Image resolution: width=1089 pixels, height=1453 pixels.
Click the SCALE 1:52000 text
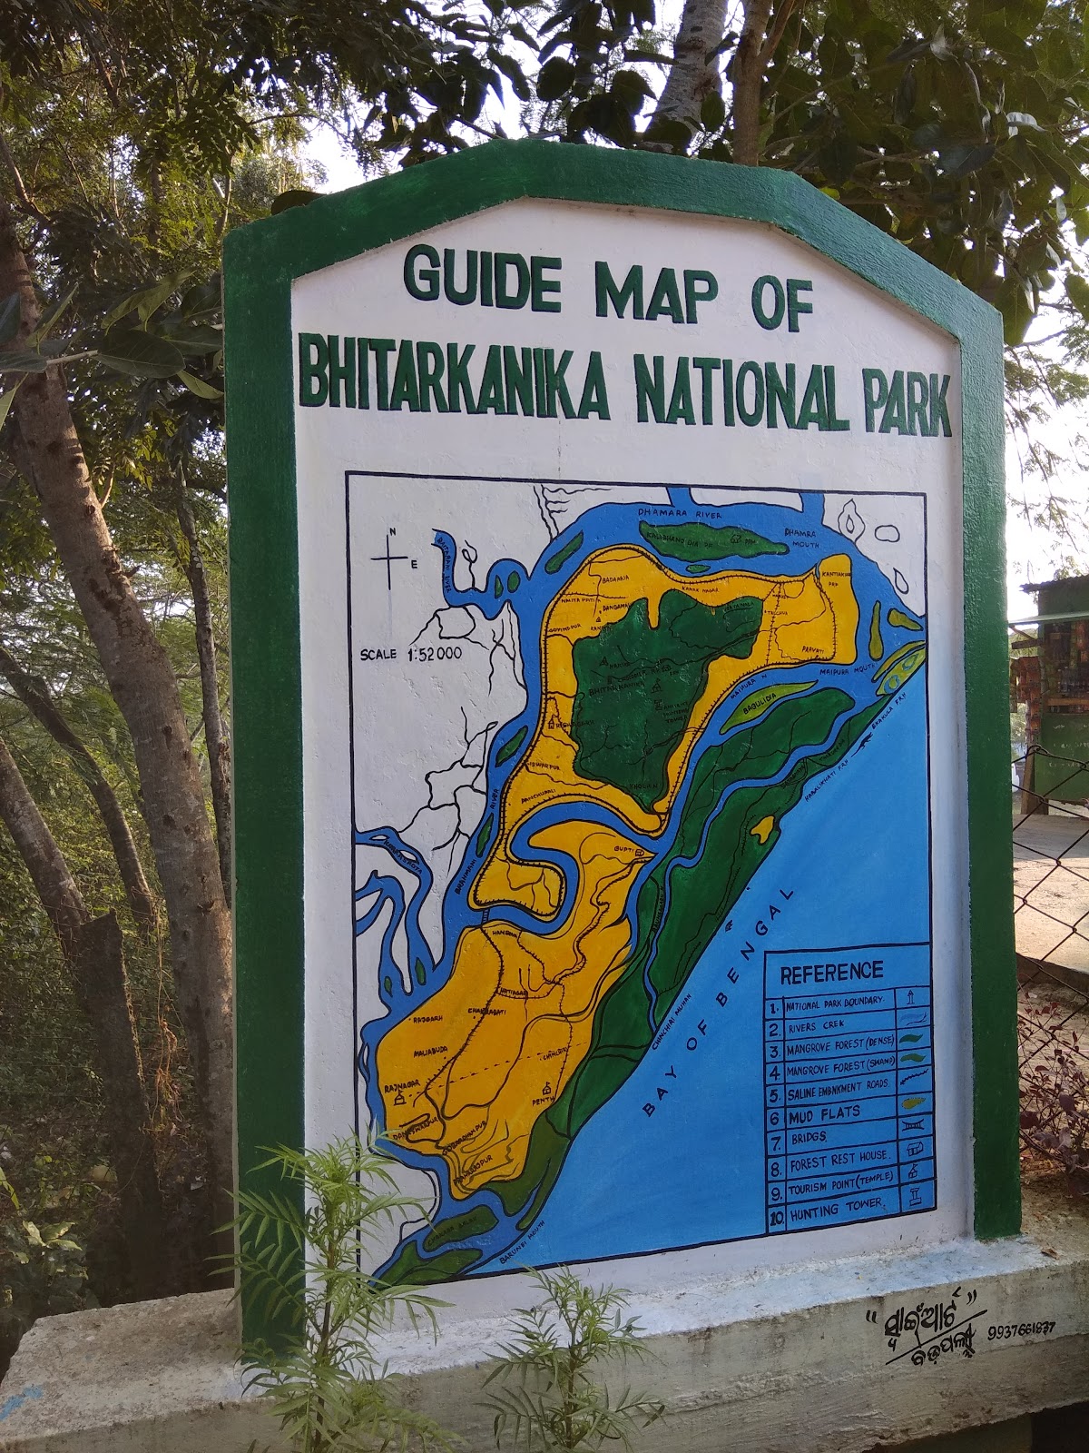pyautogui.click(x=411, y=653)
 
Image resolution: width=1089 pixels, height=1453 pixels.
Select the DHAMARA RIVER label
pyautogui.click(x=672, y=513)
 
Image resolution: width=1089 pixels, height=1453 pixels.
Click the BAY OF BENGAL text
pyautogui.click(x=716, y=999)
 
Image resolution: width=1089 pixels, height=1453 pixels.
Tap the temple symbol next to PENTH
pyautogui.click(x=545, y=1089)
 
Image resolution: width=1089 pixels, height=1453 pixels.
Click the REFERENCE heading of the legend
pyautogui.click(x=831, y=972)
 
